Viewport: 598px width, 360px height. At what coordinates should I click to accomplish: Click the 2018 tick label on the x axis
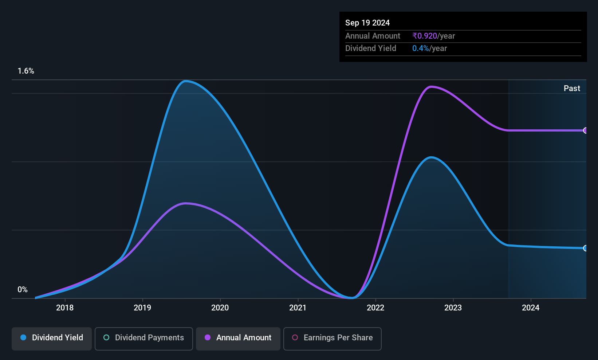pos(64,308)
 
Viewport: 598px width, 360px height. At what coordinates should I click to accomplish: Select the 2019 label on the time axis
pos(142,308)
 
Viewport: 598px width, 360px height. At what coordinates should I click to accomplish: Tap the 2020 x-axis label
pos(220,308)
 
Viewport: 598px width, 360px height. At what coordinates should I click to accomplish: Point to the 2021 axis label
pos(298,308)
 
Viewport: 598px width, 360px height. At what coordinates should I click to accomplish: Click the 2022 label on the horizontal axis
pos(375,308)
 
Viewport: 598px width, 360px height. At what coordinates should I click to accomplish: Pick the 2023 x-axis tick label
pos(453,308)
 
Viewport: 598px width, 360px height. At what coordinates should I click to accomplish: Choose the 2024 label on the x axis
pos(531,308)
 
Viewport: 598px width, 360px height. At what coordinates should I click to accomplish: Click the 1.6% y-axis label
pos(26,71)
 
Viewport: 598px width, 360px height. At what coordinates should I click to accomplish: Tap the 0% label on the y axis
pos(23,290)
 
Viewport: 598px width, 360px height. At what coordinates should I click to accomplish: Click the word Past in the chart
pos(572,89)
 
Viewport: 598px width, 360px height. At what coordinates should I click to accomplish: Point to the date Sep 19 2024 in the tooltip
pos(367,23)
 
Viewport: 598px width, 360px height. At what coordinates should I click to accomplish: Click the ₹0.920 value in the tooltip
pos(425,36)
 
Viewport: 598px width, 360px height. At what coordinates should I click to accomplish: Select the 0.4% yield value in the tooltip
pos(421,48)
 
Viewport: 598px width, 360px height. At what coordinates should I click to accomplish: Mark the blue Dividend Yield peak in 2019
pos(185,81)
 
